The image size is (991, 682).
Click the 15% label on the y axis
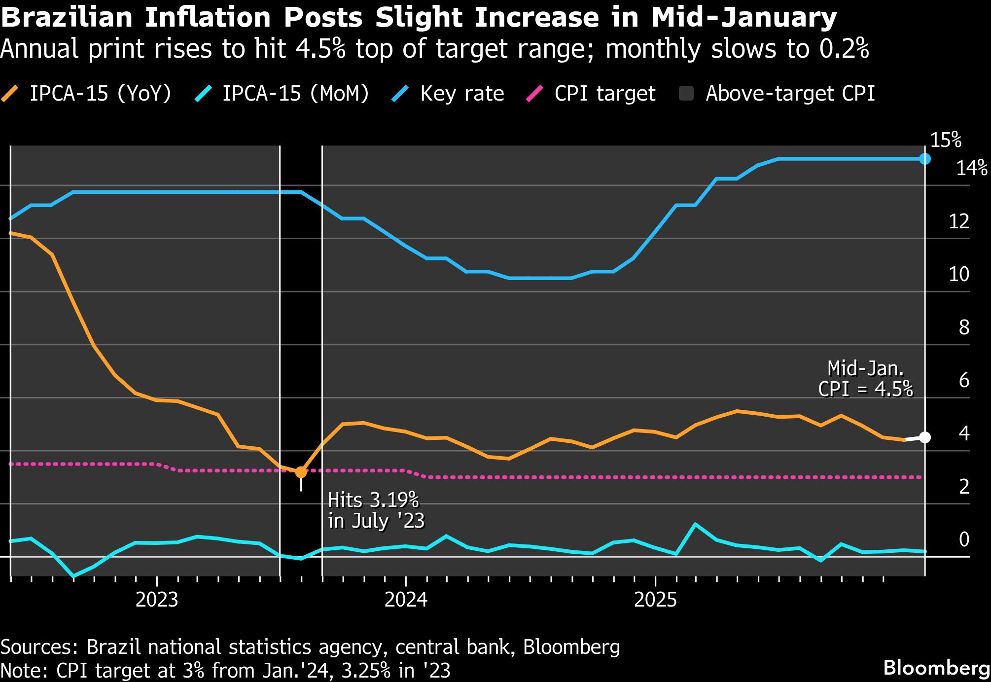coord(945,141)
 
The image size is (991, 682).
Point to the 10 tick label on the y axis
coord(958,274)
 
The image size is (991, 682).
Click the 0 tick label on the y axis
coord(963,539)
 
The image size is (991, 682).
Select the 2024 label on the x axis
coord(406,600)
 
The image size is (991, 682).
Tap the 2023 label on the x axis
coord(156,600)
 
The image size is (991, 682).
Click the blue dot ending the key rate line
coord(925,159)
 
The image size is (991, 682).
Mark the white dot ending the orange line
coord(925,437)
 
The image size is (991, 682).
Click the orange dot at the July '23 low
coord(301,472)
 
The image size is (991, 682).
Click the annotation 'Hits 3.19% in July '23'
coord(375,510)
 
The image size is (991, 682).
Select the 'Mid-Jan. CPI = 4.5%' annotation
coord(865,379)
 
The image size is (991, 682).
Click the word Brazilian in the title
coord(67,17)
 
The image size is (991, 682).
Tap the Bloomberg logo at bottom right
coord(936,668)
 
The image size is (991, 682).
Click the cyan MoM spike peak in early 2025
coord(695,524)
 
